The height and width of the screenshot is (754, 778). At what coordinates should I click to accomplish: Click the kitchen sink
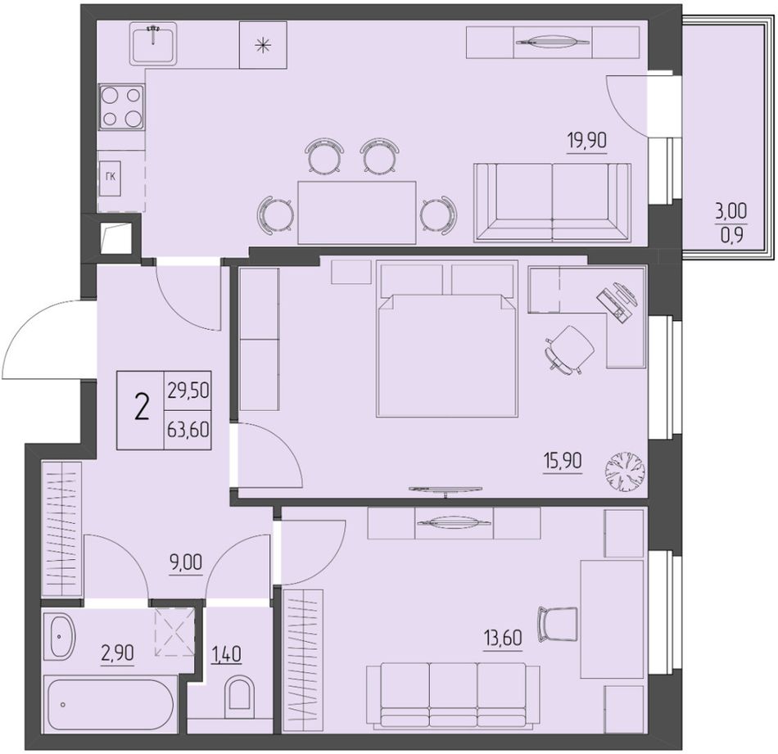(153, 43)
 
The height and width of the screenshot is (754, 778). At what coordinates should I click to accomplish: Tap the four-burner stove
(121, 107)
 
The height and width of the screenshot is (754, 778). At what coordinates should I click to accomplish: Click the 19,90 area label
(587, 141)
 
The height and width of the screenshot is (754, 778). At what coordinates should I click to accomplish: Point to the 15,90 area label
(562, 461)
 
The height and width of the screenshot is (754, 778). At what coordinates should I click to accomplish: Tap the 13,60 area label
(503, 638)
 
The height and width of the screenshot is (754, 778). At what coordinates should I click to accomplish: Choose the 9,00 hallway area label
(186, 563)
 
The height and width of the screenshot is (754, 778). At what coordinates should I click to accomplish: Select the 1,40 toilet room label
(227, 654)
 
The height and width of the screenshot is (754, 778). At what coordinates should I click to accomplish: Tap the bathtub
(108, 704)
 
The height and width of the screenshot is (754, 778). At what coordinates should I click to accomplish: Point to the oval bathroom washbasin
(59, 637)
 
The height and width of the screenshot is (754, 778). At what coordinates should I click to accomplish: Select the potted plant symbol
(625, 472)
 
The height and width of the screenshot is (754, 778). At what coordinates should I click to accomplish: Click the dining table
(357, 212)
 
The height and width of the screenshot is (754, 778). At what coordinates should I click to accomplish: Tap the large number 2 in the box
(142, 409)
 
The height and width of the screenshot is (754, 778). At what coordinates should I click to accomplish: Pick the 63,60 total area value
(188, 430)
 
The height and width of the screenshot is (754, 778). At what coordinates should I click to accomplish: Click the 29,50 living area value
(188, 391)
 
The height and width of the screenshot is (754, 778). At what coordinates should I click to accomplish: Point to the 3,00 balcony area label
(731, 212)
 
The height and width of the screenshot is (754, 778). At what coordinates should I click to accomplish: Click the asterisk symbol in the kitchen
(263, 45)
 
